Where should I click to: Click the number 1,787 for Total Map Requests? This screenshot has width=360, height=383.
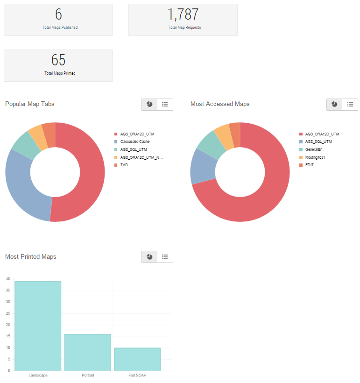(x=183, y=14)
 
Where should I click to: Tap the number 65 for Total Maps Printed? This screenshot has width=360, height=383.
(x=58, y=60)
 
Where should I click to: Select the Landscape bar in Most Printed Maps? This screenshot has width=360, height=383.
(x=38, y=326)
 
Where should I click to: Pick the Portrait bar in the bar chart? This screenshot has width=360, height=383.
(x=88, y=352)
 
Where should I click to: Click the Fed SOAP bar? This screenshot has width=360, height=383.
(x=137, y=359)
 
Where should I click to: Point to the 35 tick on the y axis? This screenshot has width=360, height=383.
(x=8, y=291)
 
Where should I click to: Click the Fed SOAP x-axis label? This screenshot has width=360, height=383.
(x=137, y=375)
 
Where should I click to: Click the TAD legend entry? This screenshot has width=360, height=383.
(x=124, y=165)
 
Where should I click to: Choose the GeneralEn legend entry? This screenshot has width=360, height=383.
(x=313, y=149)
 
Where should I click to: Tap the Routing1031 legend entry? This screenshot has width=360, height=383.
(x=315, y=157)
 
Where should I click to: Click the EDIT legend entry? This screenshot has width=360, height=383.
(x=309, y=165)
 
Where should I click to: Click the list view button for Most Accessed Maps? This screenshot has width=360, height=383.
(x=350, y=104)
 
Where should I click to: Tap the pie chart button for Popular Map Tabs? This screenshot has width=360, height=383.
(x=149, y=104)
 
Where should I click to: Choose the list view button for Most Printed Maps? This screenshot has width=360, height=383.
(x=165, y=256)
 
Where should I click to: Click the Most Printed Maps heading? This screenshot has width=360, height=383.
(x=30, y=256)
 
